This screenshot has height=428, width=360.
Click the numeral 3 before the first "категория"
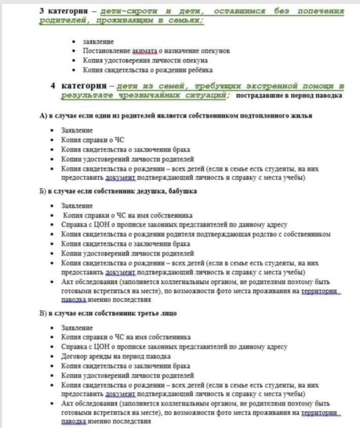pos(42,11)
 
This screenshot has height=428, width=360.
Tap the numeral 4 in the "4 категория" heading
pos(53,86)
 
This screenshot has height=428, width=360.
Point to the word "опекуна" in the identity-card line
pos(196,61)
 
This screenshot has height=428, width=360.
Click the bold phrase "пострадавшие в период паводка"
pos(289,96)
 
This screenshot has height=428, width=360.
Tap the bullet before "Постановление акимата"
pos(74,51)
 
